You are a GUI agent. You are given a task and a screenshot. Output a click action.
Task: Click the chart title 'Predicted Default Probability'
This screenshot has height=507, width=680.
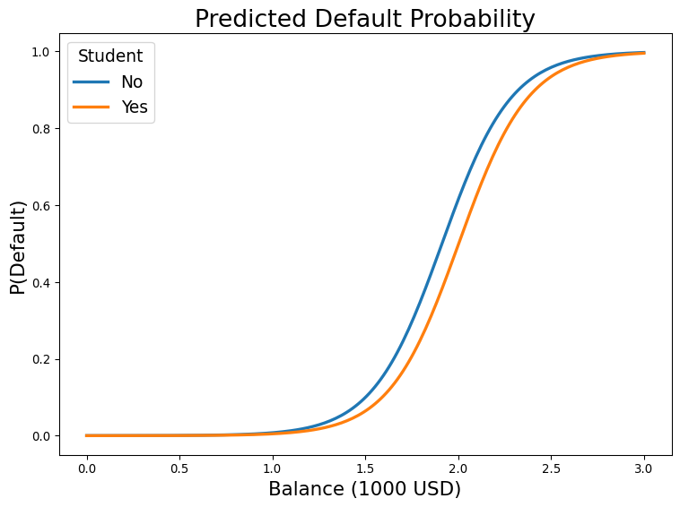tap(365, 19)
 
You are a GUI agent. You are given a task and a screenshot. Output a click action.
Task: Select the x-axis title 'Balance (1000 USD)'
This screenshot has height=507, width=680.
tap(365, 489)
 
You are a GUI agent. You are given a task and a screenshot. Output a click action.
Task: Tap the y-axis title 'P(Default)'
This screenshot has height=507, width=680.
tap(18, 248)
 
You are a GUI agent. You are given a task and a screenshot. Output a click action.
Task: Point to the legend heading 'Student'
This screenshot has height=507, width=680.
tap(110, 56)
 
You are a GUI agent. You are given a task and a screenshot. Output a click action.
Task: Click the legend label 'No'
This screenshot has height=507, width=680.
tap(132, 82)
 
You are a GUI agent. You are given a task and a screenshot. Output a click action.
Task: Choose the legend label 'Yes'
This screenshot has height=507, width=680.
tap(135, 107)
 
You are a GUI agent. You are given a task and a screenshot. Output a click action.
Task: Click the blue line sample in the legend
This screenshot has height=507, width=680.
tap(92, 82)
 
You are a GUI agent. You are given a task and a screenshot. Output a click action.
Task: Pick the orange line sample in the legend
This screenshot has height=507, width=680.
tap(92, 107)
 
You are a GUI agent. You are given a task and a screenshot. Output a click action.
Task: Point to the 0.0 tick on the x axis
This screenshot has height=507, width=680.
tap(87, 468)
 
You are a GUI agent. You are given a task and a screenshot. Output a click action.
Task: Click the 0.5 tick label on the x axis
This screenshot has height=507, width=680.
tap(179, 468)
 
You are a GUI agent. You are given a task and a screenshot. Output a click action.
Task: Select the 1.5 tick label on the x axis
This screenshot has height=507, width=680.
tap(365, 468)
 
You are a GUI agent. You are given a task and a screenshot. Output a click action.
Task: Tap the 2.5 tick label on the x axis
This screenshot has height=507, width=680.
tap(551, 468)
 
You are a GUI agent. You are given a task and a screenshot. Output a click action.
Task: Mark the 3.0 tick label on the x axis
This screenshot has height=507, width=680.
tap(644, 468)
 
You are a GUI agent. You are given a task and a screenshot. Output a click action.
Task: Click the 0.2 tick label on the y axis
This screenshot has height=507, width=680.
tap(41, 359)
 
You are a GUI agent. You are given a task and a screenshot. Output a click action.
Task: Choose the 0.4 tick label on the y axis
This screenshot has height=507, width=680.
tap(41, 283)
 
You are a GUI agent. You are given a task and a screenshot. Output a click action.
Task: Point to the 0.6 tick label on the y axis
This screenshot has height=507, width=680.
tap(41, 206)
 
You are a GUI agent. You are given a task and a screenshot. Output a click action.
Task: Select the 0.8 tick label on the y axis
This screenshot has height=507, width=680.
tap(41, 129)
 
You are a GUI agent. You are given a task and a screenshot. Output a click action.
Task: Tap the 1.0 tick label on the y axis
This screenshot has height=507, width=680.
tap(41, 52)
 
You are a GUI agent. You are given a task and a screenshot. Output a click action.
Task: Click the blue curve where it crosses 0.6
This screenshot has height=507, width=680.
tap(456, 206)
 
